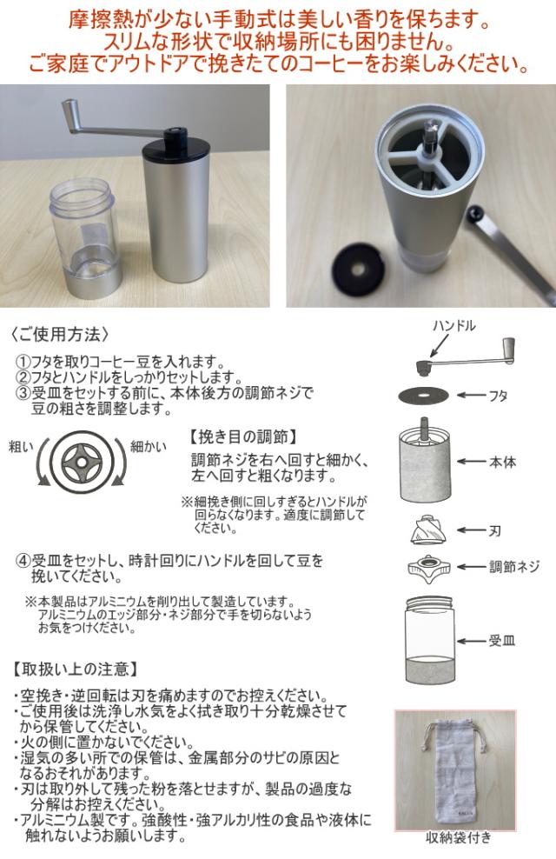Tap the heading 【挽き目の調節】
243,436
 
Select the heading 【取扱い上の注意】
75,669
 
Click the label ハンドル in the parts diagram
454,326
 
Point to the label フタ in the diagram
498,395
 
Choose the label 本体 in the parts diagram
502,462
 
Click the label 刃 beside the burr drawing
494,530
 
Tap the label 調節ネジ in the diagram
514,567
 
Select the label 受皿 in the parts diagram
502,641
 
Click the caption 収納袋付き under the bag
459,837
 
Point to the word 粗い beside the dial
22,447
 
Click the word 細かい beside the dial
149,447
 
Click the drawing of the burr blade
427,529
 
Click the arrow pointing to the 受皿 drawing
473,642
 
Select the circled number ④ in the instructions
23,561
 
